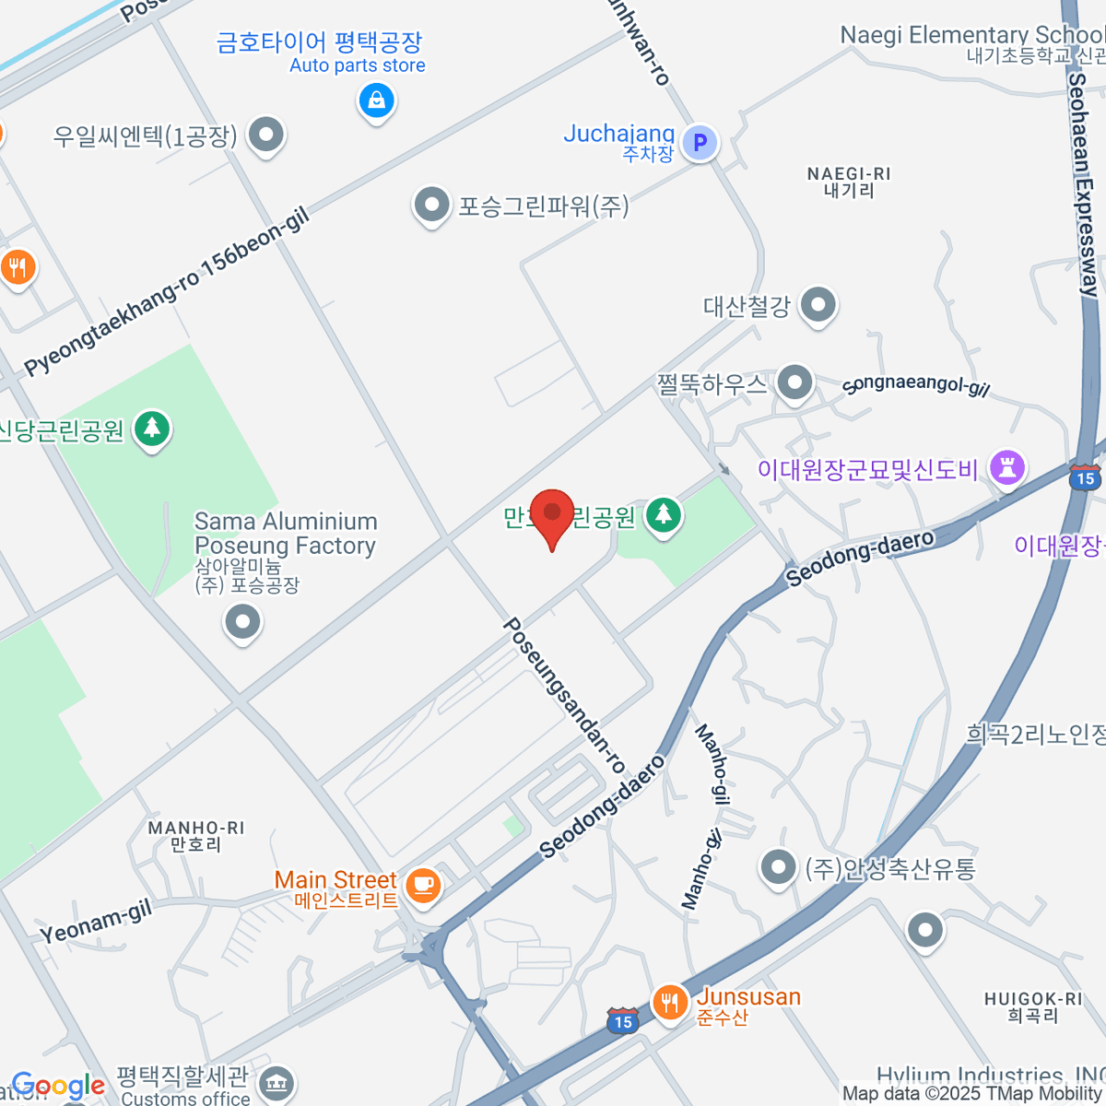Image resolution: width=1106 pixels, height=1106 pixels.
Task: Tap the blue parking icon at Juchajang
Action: point(700,142)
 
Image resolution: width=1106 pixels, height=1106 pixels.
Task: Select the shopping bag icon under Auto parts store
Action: point(376,100)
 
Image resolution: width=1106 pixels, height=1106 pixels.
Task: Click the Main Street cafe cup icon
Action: point(423,885)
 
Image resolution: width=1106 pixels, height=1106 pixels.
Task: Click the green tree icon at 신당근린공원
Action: point(152,428)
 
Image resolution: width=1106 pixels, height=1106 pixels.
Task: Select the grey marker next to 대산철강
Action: point(818,303)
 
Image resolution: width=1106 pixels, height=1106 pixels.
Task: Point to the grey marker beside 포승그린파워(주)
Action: point(431,205)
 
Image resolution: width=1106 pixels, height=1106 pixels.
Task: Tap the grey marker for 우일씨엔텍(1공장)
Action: point(266,135)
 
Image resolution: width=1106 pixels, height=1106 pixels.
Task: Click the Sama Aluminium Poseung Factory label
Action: point(286,534)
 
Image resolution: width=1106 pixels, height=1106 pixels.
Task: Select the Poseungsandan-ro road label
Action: point(563,695)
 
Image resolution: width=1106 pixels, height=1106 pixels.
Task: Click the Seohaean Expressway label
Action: point(1082,184)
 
